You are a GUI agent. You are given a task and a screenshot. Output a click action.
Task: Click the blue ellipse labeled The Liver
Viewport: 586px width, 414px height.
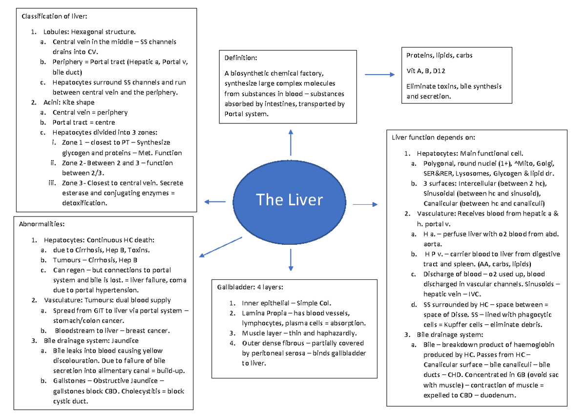290,200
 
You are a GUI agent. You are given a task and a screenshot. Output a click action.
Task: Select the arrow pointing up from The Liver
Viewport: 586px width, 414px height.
291,143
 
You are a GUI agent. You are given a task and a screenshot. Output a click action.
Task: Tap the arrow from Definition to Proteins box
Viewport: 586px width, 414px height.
379,75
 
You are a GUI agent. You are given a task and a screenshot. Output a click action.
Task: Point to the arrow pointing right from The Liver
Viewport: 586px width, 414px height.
365,204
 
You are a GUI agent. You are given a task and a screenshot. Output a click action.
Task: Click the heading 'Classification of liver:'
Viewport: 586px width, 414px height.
54,17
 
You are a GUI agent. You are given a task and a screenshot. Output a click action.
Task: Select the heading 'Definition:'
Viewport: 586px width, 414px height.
240,58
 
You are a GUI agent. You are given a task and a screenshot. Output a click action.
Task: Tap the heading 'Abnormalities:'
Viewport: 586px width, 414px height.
42,224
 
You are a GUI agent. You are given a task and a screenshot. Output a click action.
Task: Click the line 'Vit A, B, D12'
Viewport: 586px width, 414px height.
426,71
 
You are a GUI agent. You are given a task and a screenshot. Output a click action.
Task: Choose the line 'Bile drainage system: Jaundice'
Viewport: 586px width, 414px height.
91,340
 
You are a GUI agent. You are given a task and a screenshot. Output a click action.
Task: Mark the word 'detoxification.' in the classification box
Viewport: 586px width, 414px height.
82,203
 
